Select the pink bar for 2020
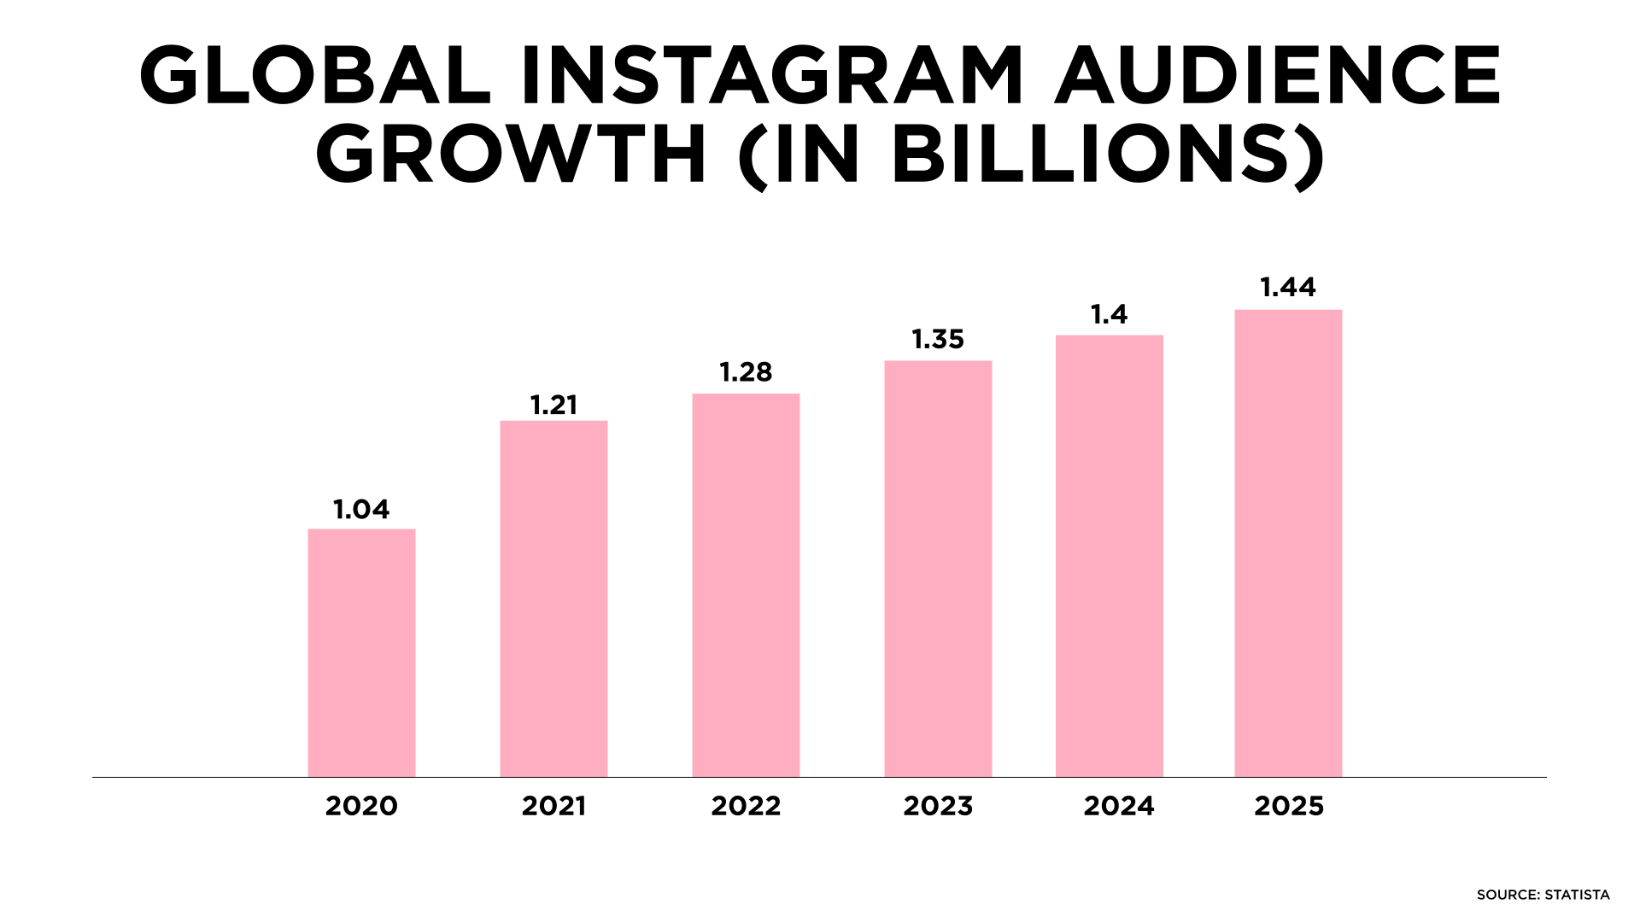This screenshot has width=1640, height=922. (x=361, y=653)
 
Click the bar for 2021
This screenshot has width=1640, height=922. (x=553, y=598)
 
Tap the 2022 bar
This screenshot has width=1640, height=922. (x=746, y=585)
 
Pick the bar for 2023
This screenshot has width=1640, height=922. (x=938, y=569)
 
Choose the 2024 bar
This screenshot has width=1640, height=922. (x=1109, y=556)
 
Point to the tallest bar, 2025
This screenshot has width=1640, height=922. (x=1288, y=543)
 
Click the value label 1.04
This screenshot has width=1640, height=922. (x=361, y=510)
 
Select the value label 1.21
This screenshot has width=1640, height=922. (x=553, y=405)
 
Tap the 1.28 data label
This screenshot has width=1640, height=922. (x=746, y=372)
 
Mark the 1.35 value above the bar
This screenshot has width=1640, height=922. (x=938, y=340)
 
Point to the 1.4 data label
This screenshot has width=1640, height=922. (x=1109, y=315)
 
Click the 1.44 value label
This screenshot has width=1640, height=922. (x=1288, y=288)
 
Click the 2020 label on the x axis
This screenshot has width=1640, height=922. (x=361, y=806)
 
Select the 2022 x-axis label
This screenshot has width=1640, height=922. (x=746, y=806)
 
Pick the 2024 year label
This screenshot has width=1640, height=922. (x=1119, y=806)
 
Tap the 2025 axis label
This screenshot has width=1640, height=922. (x=1289, y=806)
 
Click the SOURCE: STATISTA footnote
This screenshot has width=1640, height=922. (x=1543, y=895)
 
